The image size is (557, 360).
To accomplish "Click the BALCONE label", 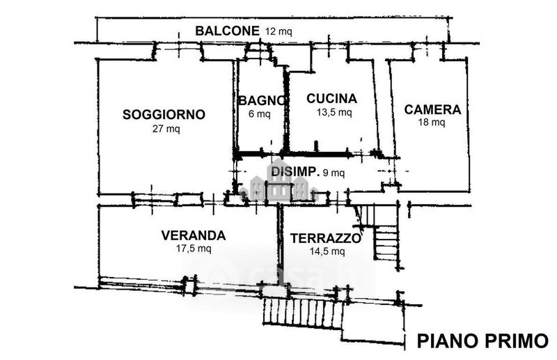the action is [228, 31].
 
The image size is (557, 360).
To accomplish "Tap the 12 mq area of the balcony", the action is [278, 31].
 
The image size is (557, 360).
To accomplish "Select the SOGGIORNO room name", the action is [164, 114].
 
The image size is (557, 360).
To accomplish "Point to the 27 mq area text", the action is [166, 129].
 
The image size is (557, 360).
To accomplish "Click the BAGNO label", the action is [262, 100].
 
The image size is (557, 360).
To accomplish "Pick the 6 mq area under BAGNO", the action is [259, 114].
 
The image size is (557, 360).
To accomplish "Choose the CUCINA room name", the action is [332, 98].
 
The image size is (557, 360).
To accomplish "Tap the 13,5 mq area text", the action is [334, 112].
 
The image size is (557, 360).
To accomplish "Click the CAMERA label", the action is [432, 109].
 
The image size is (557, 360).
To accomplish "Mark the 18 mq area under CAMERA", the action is [432, 123].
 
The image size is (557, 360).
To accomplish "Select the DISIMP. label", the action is [295, 172].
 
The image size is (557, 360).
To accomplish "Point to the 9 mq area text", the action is [334, 173].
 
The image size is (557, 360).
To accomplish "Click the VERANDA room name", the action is [194, 235].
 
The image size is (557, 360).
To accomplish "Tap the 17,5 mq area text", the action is [194, 249].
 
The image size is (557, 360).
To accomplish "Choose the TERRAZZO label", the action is [326, 238].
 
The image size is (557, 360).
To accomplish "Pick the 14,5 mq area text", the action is [327, 251].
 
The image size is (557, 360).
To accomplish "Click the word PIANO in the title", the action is [448, 341].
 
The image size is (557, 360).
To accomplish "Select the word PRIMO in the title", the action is [516, 341].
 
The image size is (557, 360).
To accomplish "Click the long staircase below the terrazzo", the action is [302, 313].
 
